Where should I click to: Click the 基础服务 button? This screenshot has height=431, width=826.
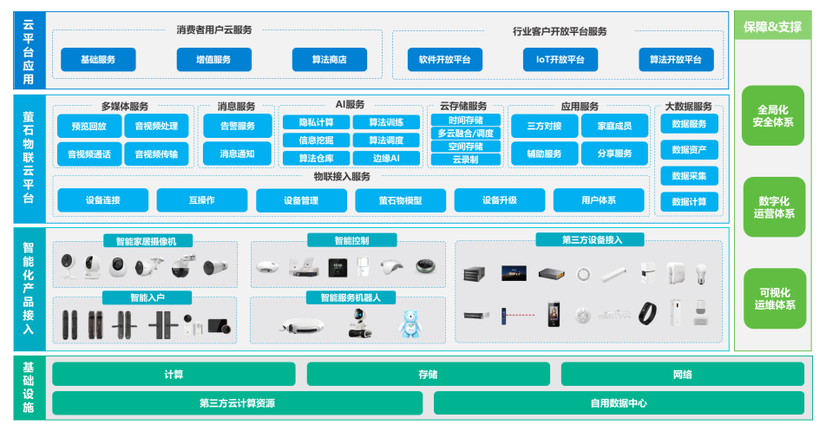tap(98, 60)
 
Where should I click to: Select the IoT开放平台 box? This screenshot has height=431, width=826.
tap(560, 60)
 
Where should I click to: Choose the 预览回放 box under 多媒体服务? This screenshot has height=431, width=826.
tap(88, 126)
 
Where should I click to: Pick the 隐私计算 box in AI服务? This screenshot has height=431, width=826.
tap(315, 122)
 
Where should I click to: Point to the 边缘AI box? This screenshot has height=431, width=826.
tap(386, 158)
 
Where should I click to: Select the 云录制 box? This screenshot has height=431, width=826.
tap(465, 160)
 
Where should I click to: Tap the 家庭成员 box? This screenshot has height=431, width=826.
tap(613, 126)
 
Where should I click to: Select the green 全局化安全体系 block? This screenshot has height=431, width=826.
tap(773, 116)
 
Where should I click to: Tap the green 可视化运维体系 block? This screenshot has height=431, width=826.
tap(773, 298)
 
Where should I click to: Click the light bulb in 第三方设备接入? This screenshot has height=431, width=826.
tap(702, 273)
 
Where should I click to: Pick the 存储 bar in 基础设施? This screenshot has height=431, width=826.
tap(428, 375)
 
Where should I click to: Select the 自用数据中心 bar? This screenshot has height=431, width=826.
tap(619, 403)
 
